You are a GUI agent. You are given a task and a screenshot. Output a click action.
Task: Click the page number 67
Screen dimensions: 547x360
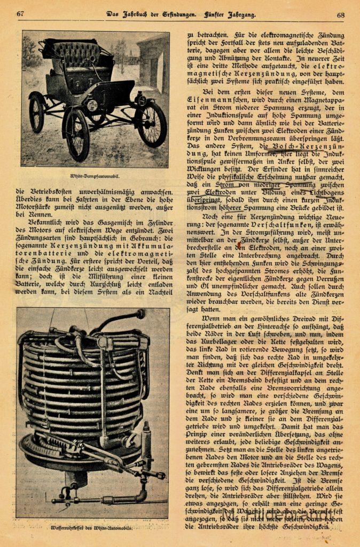(20, 14)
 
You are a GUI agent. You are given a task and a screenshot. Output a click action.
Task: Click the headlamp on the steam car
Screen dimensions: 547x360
(92, 105)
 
